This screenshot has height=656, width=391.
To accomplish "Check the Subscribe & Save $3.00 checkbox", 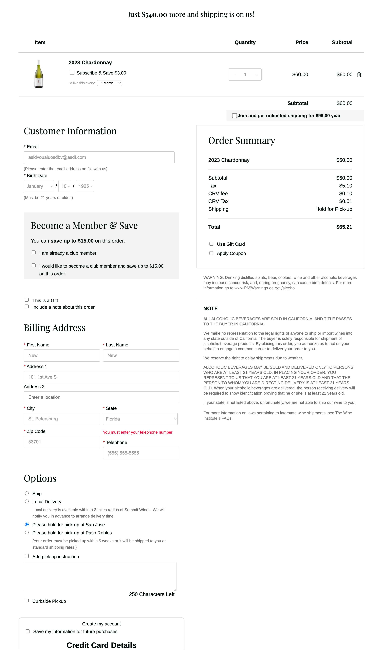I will point(72,72).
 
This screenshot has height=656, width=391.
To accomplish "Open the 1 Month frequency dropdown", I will point(110,83).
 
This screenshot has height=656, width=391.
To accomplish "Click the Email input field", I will point(99,157).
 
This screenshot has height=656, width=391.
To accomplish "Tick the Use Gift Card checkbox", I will point(211,244).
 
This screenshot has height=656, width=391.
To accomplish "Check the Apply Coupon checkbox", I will point(211,253).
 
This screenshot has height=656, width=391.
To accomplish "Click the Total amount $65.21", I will point(344,227).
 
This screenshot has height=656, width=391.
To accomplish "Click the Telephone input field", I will point(141,453).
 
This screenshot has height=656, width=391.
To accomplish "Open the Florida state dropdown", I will point(140,419).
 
